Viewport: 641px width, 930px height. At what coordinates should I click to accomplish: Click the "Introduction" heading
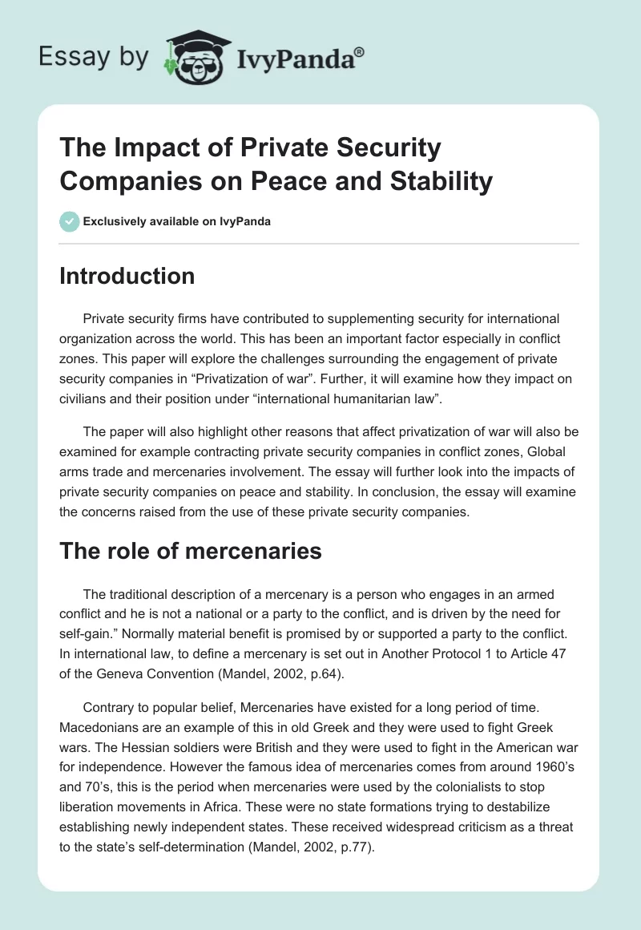(127, 276)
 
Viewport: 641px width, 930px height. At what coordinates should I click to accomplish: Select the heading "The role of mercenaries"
(191, 551)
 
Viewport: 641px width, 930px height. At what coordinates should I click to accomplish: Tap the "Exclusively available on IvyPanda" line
(176, 221)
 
